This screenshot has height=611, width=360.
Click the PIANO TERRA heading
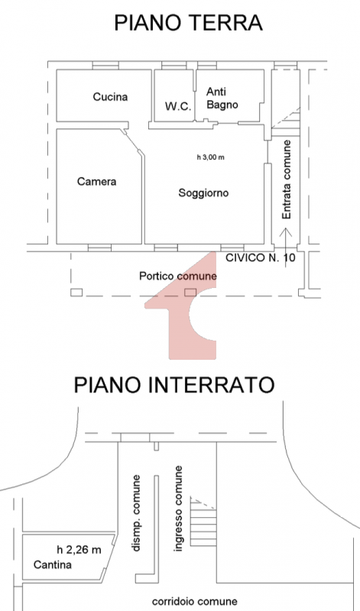click(x=188, y=23)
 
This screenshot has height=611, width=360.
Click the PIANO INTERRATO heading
click(x=174, y=385)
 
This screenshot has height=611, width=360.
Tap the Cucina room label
click(x=110, y=97)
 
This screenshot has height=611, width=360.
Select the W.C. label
click(x=178, y=106)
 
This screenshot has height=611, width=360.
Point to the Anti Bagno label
click(x=222, y=99)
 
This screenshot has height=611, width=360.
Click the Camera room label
click(x=97, y=182)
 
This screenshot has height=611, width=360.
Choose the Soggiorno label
click(x=203, y=193)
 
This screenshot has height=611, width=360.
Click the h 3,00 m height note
click(x=211, y=157)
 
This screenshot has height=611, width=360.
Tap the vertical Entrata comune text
click(x=287, y=179)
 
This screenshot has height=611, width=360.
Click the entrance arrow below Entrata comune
click(x=287, y=247)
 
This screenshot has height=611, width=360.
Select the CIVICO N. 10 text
click(x=261, y=257)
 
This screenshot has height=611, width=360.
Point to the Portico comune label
click(x=178, y=276)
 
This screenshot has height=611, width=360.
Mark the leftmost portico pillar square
click(x=76, y=293)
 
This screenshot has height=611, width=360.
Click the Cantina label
click(x=52, y=564)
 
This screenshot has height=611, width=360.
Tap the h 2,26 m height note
click(x=79, y=549)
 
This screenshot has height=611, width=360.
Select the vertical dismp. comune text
click(x=135, y=512)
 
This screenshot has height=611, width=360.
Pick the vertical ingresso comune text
click(x=178, y=509)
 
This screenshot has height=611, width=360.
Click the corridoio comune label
click(x=195, y=601)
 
